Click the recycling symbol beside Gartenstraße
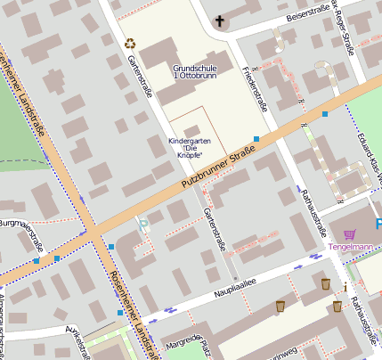point(131,42)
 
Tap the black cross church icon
point(220,20)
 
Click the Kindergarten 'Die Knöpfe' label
point(191,148)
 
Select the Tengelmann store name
point(349,247)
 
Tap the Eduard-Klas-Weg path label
point(373,160)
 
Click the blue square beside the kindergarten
point(256,139)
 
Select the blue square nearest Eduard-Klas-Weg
point(325,114)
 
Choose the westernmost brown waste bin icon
point(280,306)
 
